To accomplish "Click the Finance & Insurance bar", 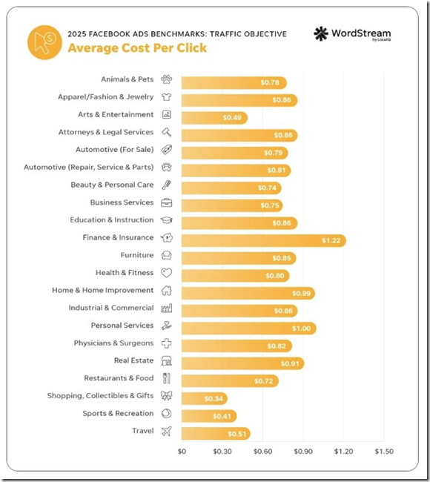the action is pyautogui.click(x=264, y=240).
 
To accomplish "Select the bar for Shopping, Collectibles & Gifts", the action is pyautogui.click(x=205, y=399).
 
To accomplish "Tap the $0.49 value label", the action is pyautogui.click(x=232, y=117).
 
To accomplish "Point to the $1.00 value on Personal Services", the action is pyautogui.click(x=301, y=329).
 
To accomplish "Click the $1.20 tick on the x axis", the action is pyautogui.click(x=344, y=452).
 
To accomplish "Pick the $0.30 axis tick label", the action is pyautogui.click(x=222, y=452).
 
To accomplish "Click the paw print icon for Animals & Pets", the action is pyautogui.click(x=167, y=79).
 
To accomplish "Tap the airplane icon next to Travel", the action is pyautogui.click(x=167, y=431).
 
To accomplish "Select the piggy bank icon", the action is pyautogui.click(x=167, y=237).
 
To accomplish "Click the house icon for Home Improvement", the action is pyautogui.click(x=167, y=290).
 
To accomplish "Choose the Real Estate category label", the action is pyautogui.click(x=133, y=360).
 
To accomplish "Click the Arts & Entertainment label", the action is pyautogui.click(x=116, y=114).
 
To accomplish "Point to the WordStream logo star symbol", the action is pyautogui.click(x=321, y=33).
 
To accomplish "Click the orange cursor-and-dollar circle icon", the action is pyautogui.click(x=44, y=42).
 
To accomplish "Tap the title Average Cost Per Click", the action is pyautogui.click(x=137, y=48).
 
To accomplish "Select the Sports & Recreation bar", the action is pyautogui.click(x=209, y=416).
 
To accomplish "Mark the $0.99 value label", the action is pyautogui.click(x=301, y=293).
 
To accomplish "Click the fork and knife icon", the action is pyautogui.click(x=167, y=378).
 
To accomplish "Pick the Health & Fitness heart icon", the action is pyautogui.click(x=167, y=273).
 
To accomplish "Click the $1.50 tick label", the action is pyautogui.click(x=384, y=452).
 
